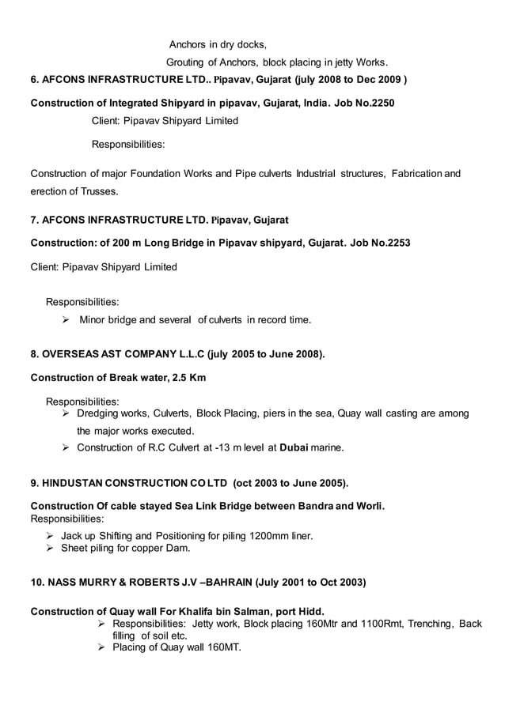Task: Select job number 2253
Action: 397,241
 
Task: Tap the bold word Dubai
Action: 293,448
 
